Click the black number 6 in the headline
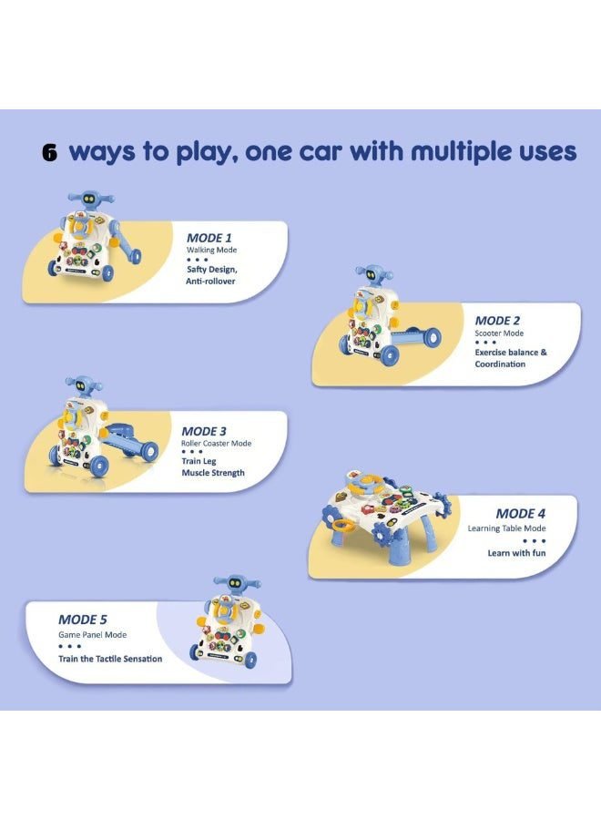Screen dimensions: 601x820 [50, 152]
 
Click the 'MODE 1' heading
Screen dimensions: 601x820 [209, 238]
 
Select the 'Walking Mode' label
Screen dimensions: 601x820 [211, 250]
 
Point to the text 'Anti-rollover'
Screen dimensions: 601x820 [210, 282]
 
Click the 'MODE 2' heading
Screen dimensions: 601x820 [497, 321]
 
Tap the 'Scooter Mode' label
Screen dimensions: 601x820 [499, 333]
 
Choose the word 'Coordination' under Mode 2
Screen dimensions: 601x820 [500, 364]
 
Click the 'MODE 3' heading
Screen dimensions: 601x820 [204, 432]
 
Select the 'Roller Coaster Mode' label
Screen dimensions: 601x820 [217, 444]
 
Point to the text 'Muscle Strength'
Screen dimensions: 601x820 [213, 473]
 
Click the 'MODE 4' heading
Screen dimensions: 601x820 [521, 514]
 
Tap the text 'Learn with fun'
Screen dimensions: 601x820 [516, 553]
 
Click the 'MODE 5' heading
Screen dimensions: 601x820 [83, 620]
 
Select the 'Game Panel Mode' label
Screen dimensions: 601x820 [93, 635]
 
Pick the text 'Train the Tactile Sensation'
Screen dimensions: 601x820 [110, 659]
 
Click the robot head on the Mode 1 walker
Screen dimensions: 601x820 [91, 200]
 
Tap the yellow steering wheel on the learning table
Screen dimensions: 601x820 [370, 485]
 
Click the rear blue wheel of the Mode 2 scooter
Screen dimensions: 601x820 [432, 338]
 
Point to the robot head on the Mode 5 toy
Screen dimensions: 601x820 [237, 585]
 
